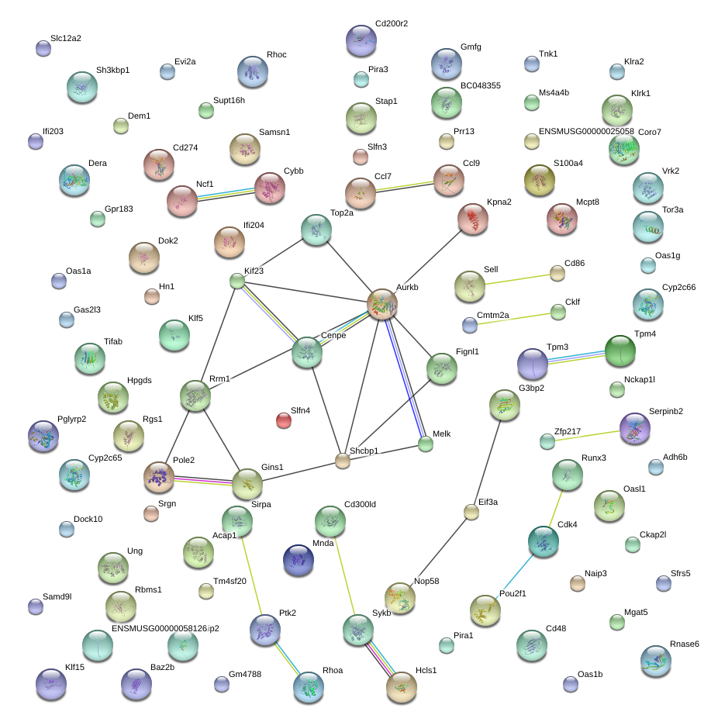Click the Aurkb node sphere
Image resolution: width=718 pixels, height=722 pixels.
382,304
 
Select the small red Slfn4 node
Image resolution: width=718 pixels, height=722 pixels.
284,421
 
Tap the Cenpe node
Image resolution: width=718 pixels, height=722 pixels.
306,353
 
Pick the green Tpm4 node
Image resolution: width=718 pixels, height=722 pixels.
620,351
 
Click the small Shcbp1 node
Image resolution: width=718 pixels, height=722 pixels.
343,461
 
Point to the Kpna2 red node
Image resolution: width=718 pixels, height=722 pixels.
473,219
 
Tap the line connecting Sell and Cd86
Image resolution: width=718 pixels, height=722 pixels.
513,280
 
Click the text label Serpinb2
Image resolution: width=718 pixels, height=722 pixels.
666,411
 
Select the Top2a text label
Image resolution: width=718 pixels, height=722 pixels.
342,212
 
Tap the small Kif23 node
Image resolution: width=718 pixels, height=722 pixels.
236,282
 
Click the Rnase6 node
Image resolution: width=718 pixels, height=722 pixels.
655,661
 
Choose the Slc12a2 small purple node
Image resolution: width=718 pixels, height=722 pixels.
43,48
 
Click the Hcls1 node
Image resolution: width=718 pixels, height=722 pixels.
402,687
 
